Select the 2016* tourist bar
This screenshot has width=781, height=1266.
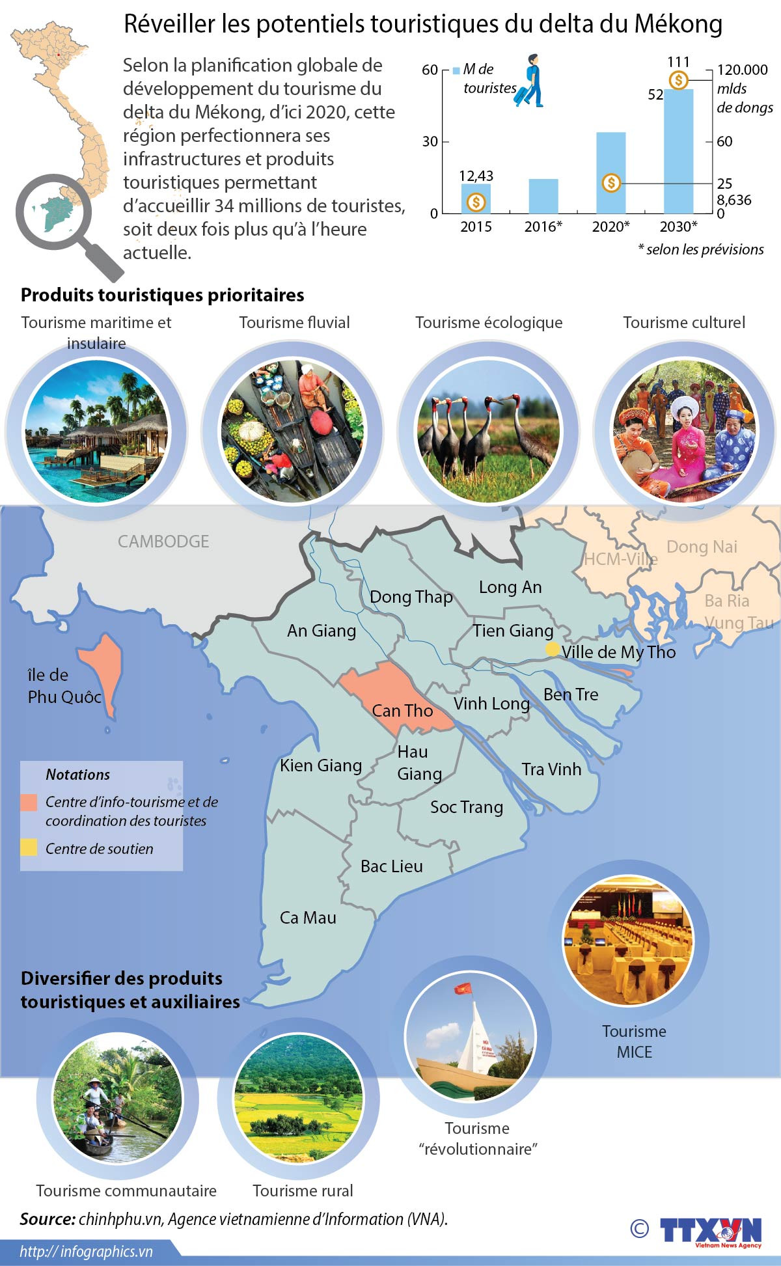click(x=543, y=196)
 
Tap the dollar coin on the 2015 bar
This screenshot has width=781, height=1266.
click(x=476, y=202)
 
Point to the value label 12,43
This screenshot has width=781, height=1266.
click(x=476, y=176)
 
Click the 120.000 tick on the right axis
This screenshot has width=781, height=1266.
click(x=742, y=70)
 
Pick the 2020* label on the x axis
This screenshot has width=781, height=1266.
click(x=610, y=227)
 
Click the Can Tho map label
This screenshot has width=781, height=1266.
click(x=402, y=711)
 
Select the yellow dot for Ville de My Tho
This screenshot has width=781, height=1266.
click(x=553, y=649)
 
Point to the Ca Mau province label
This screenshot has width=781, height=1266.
click(x=308, y=918)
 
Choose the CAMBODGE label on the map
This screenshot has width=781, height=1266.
click(x=163, y=542)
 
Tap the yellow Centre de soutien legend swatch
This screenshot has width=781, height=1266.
click(x=29, y=847)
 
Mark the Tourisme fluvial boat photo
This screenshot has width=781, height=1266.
click(x=293, y=431)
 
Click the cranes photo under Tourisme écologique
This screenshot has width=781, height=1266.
click(x=488, y=431)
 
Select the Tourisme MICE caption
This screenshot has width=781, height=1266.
click(x=634, y=1041)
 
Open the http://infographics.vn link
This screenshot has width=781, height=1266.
click(x=86, y=1252)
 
